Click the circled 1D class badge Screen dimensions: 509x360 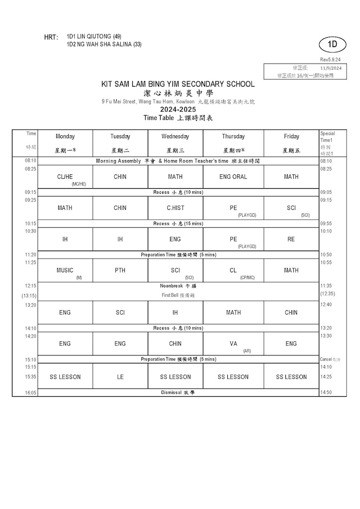[333, 44]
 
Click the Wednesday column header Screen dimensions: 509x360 [175, 136]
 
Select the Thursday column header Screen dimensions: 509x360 [233, 136]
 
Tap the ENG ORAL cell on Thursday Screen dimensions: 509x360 [233, 176]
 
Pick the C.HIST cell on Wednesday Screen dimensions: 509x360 [175, 208]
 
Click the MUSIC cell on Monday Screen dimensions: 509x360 [65, 270]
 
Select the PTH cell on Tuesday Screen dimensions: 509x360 [120, 270]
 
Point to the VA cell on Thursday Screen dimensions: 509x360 [233, 343]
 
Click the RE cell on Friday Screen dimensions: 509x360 [291, 239]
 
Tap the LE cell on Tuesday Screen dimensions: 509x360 [120, 377]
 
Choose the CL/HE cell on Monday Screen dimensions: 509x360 [65, 176]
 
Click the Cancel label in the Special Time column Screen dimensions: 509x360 [326, 359]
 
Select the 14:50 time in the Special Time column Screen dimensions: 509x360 [326, 392]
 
